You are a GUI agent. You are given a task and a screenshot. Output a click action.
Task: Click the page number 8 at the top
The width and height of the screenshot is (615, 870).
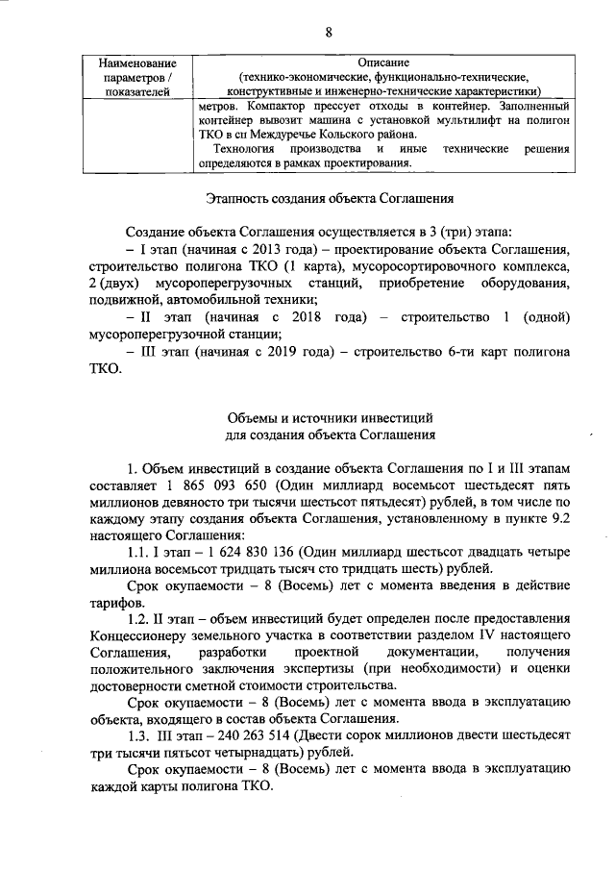(x=329, y=32)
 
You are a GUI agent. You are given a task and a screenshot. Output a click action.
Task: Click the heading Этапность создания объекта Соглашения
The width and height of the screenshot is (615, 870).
(x=329, y=199)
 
